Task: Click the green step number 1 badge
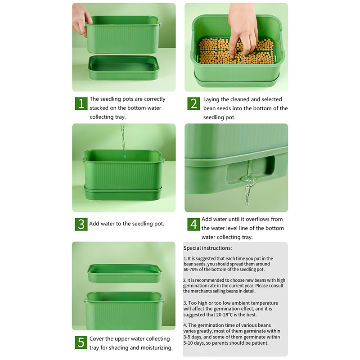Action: (81, 103)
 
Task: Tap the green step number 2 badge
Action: (193, 104)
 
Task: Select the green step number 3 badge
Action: (81, 224)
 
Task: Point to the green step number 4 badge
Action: (193, 224)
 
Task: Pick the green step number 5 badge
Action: (81, 342)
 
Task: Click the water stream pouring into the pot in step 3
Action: (123, 140)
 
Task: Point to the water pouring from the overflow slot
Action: (248, 184)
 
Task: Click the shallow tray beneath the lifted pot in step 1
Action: (123, 67)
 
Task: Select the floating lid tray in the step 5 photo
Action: (125, 273)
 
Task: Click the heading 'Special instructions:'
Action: (207, 248)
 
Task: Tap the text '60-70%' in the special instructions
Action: (191, 270)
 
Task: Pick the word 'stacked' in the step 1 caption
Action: (99, 108)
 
